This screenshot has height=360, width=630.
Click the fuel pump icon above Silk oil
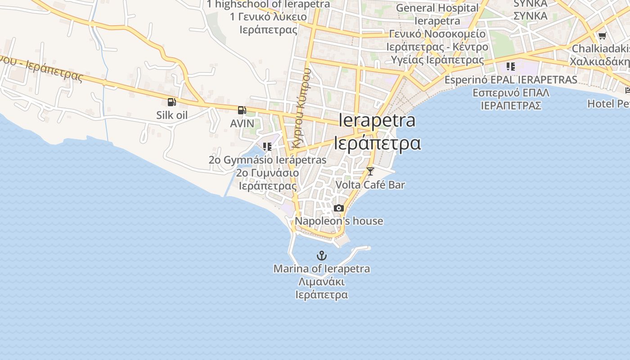[x=171, y=102]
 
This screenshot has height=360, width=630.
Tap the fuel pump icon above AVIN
[x=242, y=110]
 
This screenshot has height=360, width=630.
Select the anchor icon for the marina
[x=321, y=256]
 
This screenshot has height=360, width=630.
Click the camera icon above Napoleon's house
[x=339, y=208]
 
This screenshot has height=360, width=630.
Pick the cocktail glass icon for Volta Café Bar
[x=370, y=171]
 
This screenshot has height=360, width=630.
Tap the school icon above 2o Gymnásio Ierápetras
[x=267, y=147]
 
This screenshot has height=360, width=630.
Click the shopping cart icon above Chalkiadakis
[x=602, y=36]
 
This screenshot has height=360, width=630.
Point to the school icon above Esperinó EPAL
[x=510, y=67]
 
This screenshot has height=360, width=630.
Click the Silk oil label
[x=172, y=115]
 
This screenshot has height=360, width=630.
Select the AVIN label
[x=242, y=123]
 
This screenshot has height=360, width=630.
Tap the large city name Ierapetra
[x=377, y=120]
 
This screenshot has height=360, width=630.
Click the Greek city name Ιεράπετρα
[x=377, y=143]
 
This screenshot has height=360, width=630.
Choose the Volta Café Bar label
[x=370, y=184]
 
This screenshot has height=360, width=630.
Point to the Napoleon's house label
[x=339, y=221]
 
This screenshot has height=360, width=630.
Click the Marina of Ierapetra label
[x=322, y=269]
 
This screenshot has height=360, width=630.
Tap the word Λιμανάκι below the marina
[x=322, y=282]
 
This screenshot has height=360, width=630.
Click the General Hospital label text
[x=437, y=8]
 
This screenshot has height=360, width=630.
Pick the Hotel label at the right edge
[x=607, y=103]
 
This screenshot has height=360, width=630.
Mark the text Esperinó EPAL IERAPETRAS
[x=511, y=80]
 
